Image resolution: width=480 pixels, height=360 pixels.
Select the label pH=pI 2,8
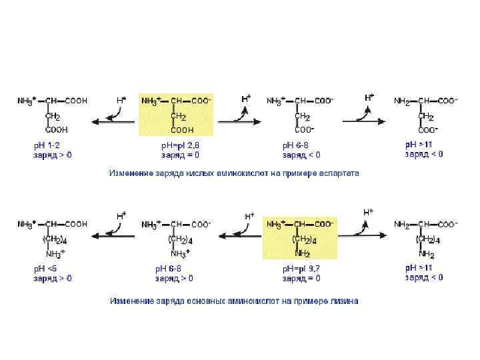coord(180,145)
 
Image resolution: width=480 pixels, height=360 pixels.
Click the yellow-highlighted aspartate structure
coord(176,114)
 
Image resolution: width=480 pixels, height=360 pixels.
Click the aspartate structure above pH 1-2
coord(52,114)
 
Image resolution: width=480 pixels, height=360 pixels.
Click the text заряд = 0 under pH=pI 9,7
coord(302,278)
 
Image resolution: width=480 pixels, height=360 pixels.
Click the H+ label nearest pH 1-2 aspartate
coord(121,100)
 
